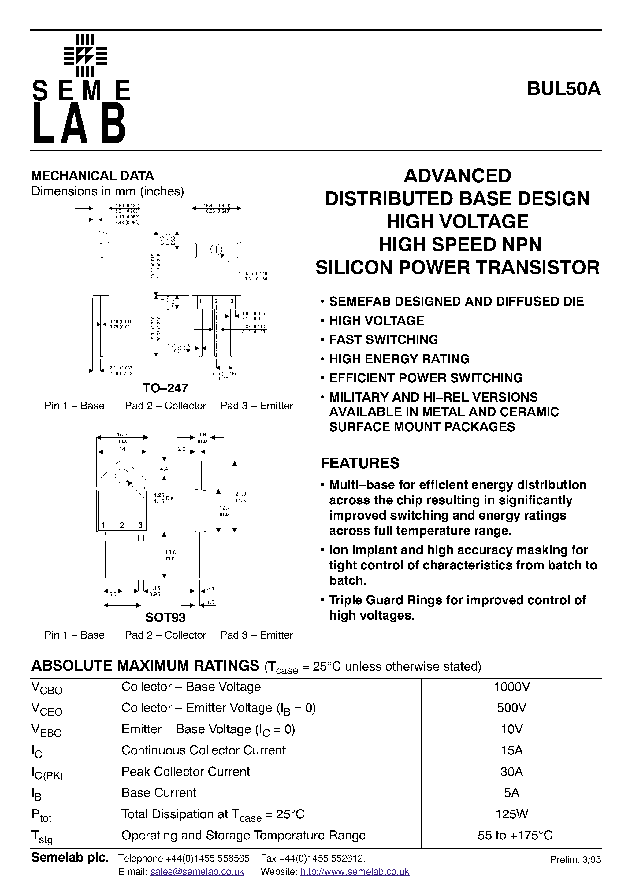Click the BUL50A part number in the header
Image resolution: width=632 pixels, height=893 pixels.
563,89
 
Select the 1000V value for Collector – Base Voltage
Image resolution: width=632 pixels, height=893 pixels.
511,687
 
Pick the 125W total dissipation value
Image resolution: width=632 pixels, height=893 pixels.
511,814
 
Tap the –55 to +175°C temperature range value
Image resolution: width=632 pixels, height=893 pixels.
511,835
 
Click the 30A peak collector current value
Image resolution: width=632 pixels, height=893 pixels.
511,772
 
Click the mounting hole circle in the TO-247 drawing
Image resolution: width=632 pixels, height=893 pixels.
216,250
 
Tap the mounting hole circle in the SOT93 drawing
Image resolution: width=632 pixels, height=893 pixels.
122,475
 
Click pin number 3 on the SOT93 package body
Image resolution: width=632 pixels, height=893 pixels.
140,525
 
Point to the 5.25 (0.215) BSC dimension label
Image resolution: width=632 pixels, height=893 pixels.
224,376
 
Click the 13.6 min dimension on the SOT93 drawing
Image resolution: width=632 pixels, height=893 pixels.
170,555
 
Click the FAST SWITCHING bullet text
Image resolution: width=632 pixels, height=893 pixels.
383,339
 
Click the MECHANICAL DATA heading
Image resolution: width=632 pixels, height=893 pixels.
93,176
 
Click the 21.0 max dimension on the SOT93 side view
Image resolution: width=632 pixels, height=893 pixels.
240,497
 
